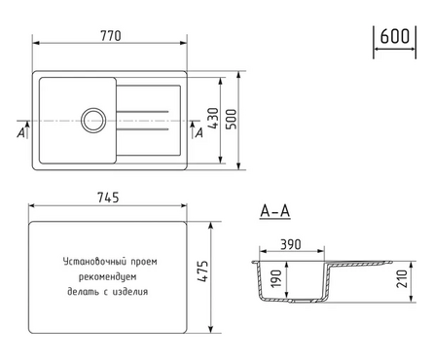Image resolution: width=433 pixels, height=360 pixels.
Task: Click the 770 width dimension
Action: [109, 35]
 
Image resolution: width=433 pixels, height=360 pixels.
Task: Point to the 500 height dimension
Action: [231, 119]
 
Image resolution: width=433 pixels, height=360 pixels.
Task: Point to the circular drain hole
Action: [94, 122]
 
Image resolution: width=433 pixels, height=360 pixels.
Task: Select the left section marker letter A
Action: [21, 133]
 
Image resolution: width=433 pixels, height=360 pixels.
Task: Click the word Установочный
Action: [91, 262]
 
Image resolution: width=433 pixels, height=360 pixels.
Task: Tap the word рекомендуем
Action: [108, 275]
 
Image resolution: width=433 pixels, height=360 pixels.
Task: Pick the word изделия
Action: [130, 290]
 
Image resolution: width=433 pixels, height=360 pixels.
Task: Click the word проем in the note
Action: [142, 262]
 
